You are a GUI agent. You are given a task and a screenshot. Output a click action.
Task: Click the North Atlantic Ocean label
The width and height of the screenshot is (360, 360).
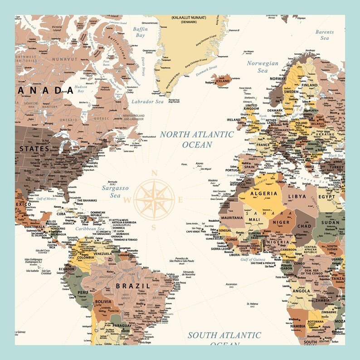[196, 139]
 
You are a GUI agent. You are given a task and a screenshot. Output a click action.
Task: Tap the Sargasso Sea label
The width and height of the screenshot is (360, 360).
[115, 191]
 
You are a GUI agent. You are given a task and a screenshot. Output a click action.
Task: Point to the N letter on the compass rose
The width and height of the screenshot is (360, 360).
[154, 173]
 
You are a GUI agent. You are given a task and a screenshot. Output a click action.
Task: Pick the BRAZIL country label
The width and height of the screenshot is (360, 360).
[132, 286]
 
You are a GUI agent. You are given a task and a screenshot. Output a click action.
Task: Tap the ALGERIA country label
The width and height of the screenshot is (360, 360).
[261, 194]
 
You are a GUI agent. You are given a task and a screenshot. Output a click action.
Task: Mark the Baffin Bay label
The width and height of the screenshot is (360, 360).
[140, 32]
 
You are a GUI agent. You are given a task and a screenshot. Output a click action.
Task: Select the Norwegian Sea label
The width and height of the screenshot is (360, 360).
[263, 67]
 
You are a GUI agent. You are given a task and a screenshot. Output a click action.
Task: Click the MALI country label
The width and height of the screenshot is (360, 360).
[254, 220]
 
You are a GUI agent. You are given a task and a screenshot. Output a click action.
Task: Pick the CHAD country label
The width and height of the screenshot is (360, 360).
[304, 226]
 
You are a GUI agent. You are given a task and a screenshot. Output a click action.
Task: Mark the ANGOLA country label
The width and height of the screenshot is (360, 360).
[301, 291]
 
